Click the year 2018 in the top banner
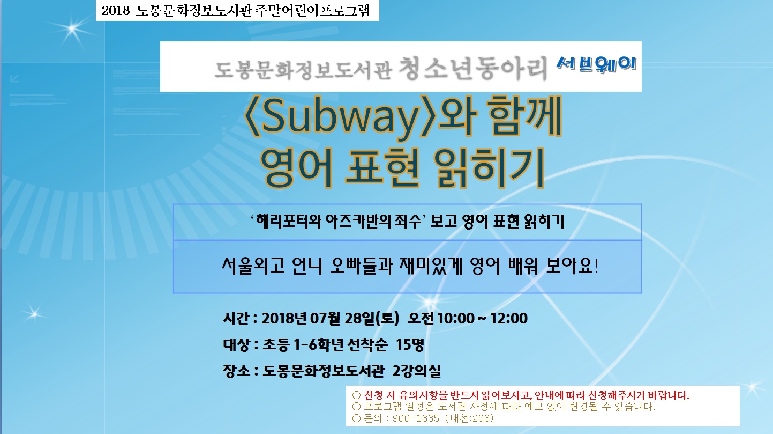click(x=115, y=10)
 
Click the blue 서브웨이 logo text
click(x=596, y=64)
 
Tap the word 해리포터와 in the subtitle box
click(x=289, y=222)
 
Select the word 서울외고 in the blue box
click(x=253, y=266)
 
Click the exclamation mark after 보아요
click(x=596, y=266)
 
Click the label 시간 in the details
click(x=236, y=318)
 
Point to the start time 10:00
click(x=456, y=318)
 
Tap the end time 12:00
click(x=509, y=318)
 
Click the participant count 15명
click(x=410, y=344)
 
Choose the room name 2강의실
click(x=417, y=371)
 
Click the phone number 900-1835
click(x=416, y=418)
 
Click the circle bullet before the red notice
click(x=356, y=395)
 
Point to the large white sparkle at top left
click(x=72, y=29)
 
